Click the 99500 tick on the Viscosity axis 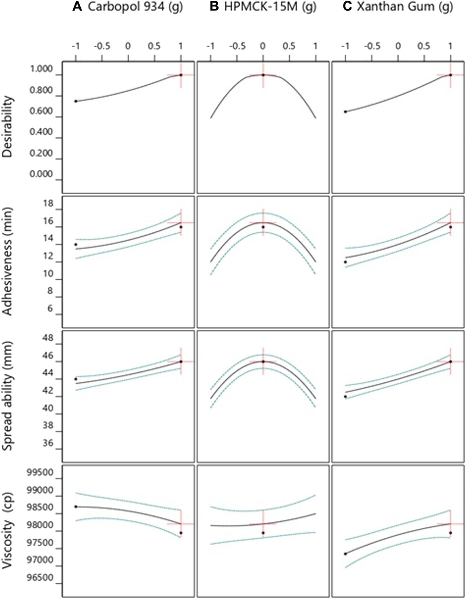point(41,473)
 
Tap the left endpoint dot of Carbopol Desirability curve point(76,101)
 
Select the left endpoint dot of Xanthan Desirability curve point(345,112)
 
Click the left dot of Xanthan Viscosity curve point(345,554)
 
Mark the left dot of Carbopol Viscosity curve point(76,507)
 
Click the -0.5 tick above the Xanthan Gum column point(372,46)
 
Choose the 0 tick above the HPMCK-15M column point(263,46)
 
